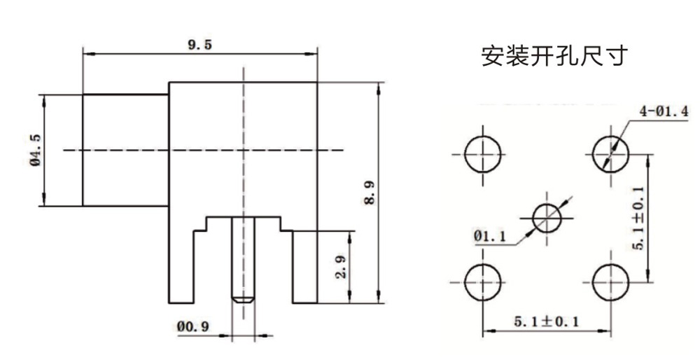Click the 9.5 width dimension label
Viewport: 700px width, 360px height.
tap(199, 45)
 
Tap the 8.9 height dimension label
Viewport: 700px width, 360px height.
tap(370, 193)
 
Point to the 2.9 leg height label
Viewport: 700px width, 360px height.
tap(341, 266)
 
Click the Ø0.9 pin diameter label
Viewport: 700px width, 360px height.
tap(193, 326)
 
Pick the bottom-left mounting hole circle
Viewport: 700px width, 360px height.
tap(484, 282)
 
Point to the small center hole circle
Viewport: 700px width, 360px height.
tap(547, 217)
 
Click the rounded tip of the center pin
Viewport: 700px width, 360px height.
tap(243, 299)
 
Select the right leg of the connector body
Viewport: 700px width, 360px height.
tap(304, 267)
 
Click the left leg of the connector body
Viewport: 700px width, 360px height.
tap(181, 267)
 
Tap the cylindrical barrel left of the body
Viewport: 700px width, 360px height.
tap(125, 150)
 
